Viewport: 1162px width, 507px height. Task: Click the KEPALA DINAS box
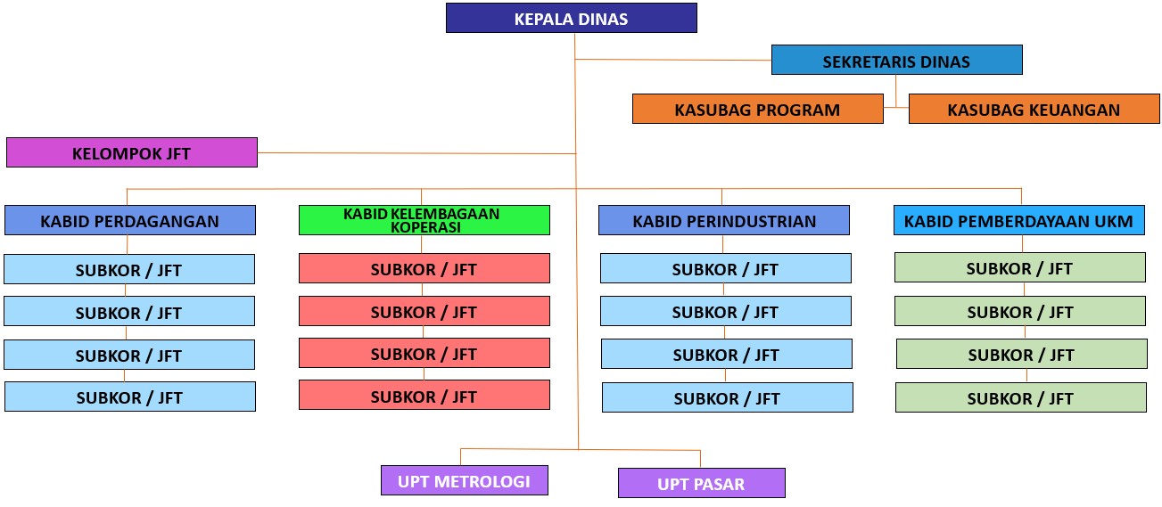(x=571, y=19)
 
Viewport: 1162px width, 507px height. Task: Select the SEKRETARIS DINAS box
(x=896, y=61)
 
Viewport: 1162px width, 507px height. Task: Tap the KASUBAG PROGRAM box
(x=757, y=110)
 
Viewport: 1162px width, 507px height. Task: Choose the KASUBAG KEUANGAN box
(x=1034, y=110)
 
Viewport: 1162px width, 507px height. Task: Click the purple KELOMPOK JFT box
(x=131, y=152)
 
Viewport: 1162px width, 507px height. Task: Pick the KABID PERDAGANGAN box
(x=129, y=221)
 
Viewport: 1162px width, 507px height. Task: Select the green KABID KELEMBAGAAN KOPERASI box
(x=424, y=220)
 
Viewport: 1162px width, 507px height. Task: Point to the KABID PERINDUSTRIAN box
(x=723, y=221)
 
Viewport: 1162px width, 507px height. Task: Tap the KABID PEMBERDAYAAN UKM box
(x=1018, y=221)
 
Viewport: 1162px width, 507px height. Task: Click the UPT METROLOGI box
(x=464, y=481)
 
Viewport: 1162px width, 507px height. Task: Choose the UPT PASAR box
(x=701, y=484)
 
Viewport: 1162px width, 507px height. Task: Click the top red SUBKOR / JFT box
(x=424, y=268)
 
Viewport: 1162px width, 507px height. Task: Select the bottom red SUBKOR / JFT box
(x=424, y=396)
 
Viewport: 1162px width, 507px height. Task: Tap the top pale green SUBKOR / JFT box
(x=1019, y=267)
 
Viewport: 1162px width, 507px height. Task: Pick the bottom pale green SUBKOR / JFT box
(x=1020, y=397)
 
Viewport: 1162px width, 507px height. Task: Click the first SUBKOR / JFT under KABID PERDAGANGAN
(x=128, y=269)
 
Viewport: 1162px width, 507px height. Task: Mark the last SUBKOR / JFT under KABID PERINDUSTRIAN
(x=727, y=398)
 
